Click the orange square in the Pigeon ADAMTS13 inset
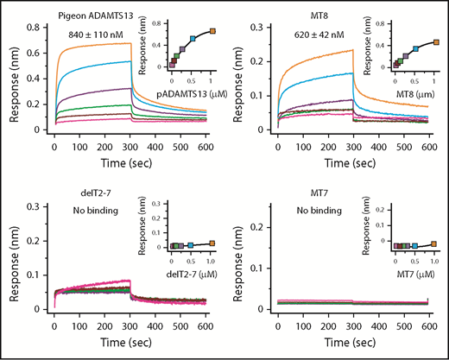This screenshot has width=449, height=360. point(213,31)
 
